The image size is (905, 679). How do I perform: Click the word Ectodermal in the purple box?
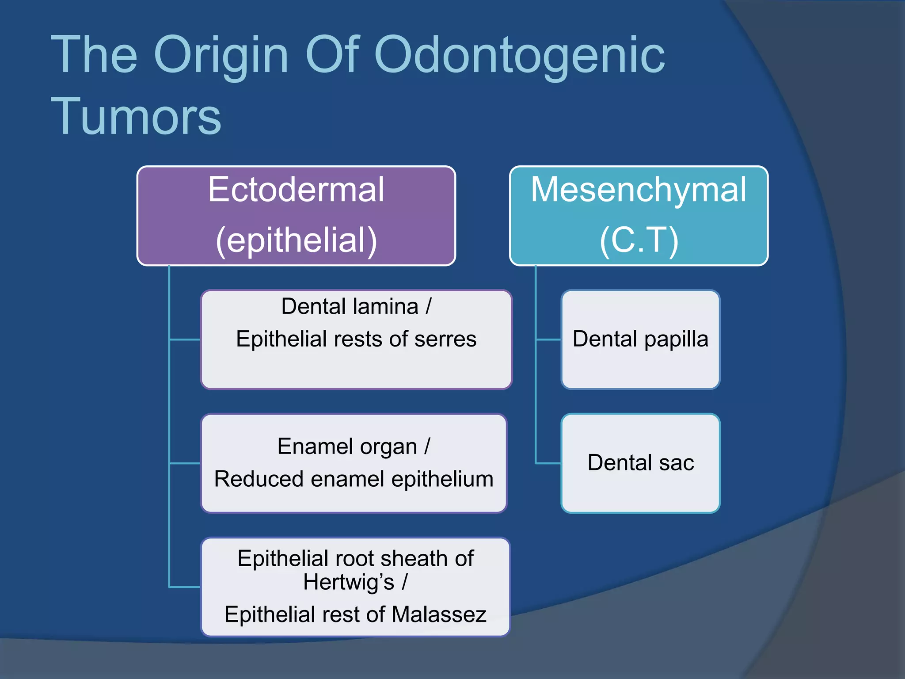point(296,190)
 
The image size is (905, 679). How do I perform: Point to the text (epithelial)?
point(296,240)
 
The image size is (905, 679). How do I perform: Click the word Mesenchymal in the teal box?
point(639,190)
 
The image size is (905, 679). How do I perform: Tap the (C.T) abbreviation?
point(639,240)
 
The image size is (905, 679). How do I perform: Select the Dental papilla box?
point(640,339)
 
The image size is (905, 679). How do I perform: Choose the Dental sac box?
point(640,463)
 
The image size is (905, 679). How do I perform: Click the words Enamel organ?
point(347,446)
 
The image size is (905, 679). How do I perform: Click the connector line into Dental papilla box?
point(548,339)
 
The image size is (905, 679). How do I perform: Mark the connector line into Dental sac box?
point(548,463)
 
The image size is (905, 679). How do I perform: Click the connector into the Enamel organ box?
point(185,463)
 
